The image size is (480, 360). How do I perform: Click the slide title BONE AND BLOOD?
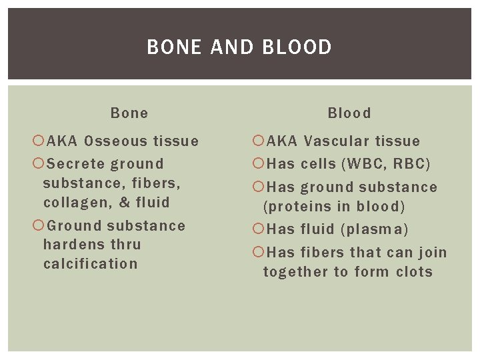click(x=239, y=47)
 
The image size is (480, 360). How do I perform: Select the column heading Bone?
click(x=129, y=113)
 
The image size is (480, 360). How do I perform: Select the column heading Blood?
click(x=349, y=113)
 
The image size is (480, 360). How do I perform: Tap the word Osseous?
click(x=117, y=141)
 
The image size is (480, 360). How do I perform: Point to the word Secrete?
click(x=77, y=164)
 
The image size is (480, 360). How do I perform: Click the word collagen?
click(x=73, y=202)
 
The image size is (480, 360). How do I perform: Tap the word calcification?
click(x=90, y=263)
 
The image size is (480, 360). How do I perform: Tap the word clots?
click(x=413, y=272)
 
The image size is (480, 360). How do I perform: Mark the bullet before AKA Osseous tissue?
click(x=37, y=141)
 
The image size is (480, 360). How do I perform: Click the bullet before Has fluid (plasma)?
click(x=258, y=229)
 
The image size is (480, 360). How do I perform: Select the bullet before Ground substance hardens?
click(x=37, y=225)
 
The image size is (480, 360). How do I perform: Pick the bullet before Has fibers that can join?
click(x=258, y=253)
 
